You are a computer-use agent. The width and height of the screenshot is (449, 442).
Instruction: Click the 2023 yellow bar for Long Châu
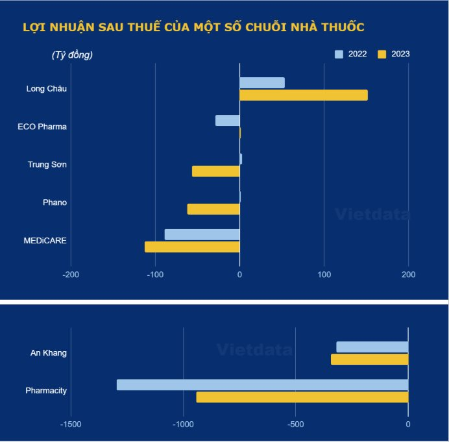(x=304, y=95)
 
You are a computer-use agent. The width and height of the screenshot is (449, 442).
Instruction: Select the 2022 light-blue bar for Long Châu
(x=262, y=83)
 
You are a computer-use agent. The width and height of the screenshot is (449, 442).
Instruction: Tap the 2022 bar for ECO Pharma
(x=228, y=121)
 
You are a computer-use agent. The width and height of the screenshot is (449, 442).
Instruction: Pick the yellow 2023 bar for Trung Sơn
(x=216, y=171)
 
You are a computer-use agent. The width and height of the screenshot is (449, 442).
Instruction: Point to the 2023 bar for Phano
(x=213, y=209)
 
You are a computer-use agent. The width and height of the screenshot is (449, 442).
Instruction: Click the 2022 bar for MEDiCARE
(x=202, y=234)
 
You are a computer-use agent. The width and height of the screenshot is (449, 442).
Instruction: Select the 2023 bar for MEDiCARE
(x=192, y=247)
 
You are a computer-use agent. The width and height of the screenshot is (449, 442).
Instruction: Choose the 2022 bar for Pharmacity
(x=262, y=385)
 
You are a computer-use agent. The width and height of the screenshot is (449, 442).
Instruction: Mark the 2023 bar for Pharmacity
(x=302, y=397)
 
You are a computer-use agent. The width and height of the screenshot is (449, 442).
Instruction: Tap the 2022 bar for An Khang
(x=372, y=347)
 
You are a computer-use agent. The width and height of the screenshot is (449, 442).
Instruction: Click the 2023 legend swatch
(x=382, y=55)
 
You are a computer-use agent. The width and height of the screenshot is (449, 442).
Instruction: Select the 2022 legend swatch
(x=339, y=55)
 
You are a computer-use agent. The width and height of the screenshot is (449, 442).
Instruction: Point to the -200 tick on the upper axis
(x=71, y=275)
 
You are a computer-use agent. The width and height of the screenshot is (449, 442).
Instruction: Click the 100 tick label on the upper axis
(x=324, y=275)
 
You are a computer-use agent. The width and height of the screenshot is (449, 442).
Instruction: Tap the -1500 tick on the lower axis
(x=71, y=424)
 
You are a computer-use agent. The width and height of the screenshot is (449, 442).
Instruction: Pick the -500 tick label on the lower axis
(x=295, y=424)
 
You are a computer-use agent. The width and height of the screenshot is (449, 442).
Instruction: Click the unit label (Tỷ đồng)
(x=72, y=55)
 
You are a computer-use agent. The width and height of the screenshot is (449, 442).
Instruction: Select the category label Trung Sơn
(x=47, y=165)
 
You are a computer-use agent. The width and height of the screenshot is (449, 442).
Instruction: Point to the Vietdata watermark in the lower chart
(x=254, y=350)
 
